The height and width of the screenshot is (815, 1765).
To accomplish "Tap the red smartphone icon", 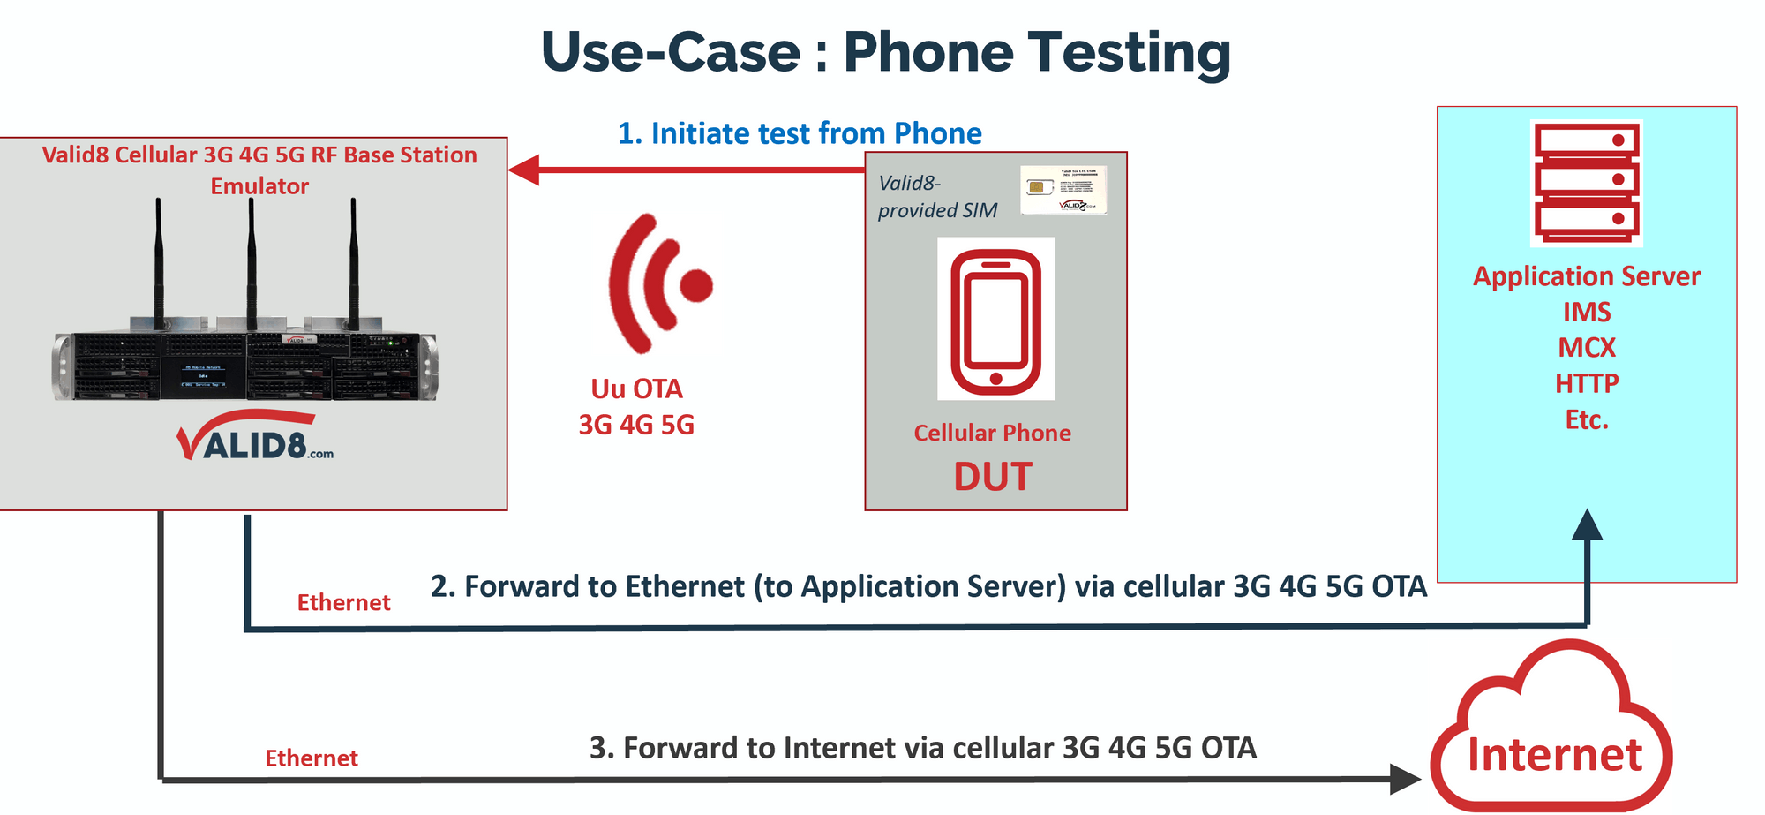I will [995, 320].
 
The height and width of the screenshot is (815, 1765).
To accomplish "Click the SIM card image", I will [1063, 189].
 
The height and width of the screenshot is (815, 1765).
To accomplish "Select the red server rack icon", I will [1586, 183].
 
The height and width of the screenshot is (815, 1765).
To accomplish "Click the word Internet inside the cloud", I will [1554, 755].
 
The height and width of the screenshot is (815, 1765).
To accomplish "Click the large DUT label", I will [993, 477].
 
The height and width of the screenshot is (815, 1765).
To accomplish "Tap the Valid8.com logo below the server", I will [256, 439].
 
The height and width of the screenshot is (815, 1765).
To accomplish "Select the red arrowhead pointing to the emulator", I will [524, 170].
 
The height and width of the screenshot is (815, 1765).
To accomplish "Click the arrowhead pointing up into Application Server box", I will [1587, 525].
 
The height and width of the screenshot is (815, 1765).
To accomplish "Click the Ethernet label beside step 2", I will [343, 603].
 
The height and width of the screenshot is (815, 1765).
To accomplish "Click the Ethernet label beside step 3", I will [312, 758].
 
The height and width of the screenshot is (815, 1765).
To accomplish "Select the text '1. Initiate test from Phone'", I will [799, 133].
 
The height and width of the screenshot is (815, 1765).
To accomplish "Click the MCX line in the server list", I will [1586, 348].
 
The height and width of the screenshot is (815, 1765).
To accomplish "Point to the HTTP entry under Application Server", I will [1586, 384].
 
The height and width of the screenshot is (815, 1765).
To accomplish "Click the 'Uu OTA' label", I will [636, 389].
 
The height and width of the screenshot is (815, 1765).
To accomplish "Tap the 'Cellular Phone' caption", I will [992, 433].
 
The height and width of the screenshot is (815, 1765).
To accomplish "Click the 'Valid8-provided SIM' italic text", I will [936, 197].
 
